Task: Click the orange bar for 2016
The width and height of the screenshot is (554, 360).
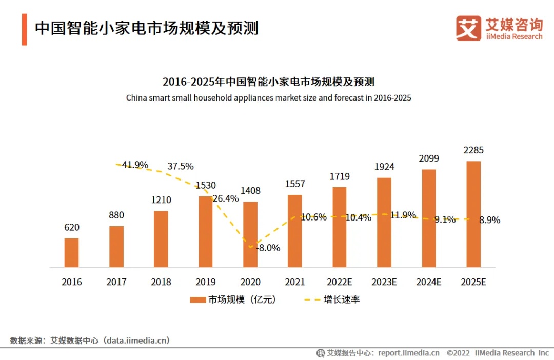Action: tap(71, 252)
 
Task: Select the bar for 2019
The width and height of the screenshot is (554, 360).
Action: tap(205, 231)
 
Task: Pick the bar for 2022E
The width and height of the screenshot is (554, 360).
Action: tap(339, 227)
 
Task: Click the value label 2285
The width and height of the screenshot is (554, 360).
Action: tap(473, 150)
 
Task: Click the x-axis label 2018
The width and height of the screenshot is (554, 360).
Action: tap(161, 282)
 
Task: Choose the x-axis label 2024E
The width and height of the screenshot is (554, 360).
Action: tap(428, 282)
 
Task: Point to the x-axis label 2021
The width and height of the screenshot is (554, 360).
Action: tap(294, 282)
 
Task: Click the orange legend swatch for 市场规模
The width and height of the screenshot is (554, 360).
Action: tap(197, 299)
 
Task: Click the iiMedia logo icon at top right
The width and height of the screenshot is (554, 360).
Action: tap(468, 29)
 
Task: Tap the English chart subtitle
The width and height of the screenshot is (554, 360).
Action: tap(268, 97)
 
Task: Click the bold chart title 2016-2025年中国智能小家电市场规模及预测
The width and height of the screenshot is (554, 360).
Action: tap(268, 82)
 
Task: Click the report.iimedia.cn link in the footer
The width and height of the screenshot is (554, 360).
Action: tap(408, 353)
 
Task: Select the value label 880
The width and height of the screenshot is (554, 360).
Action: tap(116, 215)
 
